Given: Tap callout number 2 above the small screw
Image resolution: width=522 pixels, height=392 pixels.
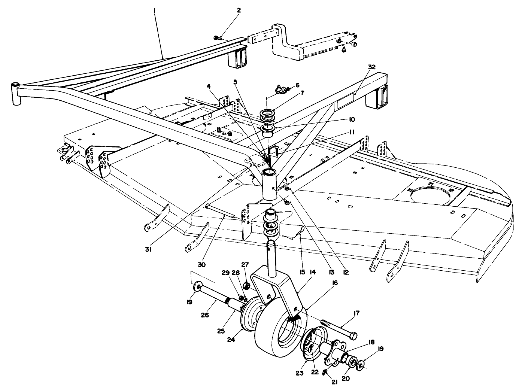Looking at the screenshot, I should pos(228,10).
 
